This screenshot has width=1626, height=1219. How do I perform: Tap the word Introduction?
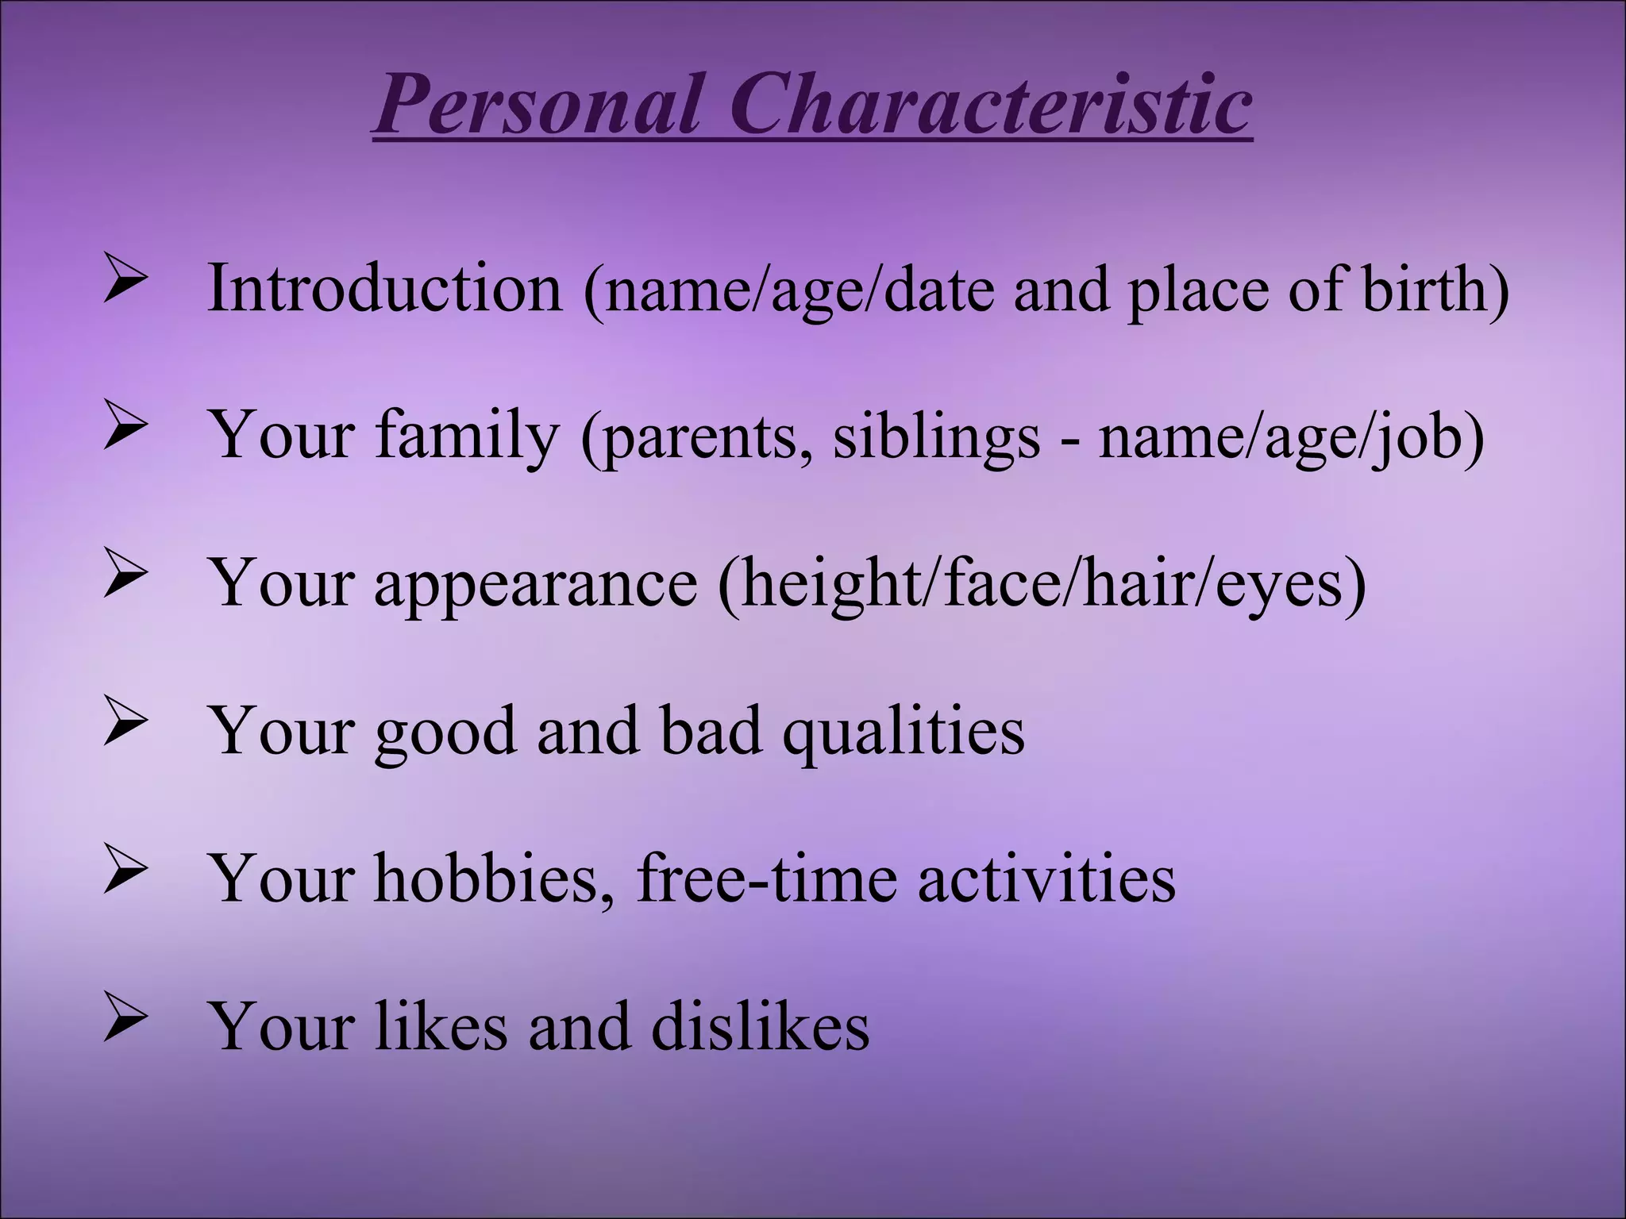click(x=384, y=288)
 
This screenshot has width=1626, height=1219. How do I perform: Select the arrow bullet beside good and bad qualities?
click(x=125, y=725)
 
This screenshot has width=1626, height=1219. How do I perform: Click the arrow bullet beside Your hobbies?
click(x=125, y=873)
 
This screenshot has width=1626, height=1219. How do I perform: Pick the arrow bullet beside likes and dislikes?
click(x=125, y=1020)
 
